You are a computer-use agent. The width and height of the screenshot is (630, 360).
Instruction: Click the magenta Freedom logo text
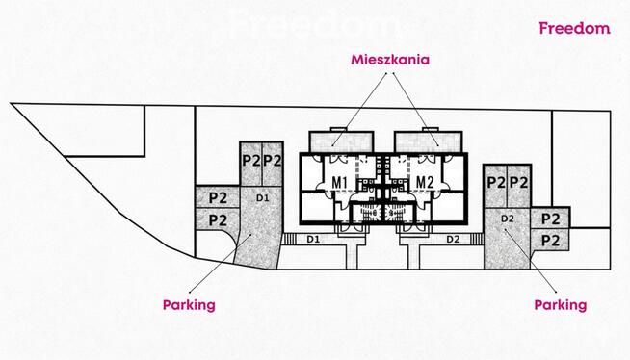point(574,28)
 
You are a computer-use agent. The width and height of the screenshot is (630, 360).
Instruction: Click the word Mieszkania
point(389,59)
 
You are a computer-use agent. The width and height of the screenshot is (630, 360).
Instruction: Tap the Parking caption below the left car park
point(188,304)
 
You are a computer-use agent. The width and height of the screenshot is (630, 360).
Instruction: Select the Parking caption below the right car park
point(560,304)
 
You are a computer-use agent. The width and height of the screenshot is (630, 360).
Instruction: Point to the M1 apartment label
point(339,182)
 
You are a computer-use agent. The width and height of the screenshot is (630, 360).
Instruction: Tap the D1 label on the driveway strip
point(313,239)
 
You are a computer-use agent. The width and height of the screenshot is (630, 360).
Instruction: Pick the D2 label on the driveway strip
point(452,239)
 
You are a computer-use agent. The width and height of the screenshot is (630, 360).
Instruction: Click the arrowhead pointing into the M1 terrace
point(332,145)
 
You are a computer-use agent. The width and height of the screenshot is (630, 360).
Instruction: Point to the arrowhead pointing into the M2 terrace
point(440,145)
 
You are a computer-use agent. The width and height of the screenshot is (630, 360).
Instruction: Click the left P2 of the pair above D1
point(251,159)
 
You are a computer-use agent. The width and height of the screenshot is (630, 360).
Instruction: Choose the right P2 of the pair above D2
point(519,181)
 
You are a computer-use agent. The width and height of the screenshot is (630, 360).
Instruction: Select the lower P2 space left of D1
point(218,220)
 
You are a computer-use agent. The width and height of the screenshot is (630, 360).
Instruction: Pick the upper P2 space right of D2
point(551,219)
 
